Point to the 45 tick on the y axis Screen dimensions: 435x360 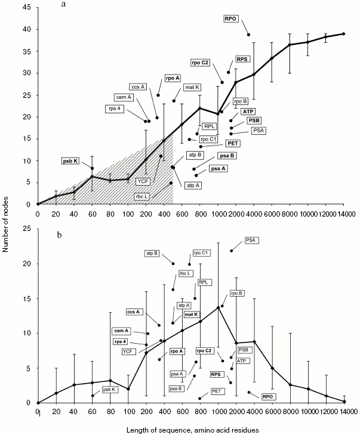29,8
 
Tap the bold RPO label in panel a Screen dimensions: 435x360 231,19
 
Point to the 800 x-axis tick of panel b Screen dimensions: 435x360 200,411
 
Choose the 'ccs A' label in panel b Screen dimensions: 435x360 135,311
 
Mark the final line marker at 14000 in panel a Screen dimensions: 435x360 344,33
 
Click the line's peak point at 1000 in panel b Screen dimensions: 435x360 218,307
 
